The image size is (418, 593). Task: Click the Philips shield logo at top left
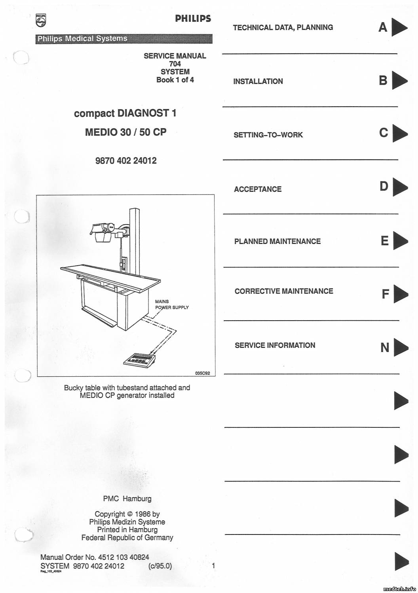click(x=40, y=21)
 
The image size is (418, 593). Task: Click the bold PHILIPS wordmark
click(x=193, y=19)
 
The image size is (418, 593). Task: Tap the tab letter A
click(x=383, y=27)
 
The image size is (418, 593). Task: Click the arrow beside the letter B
click(x=400, y=80)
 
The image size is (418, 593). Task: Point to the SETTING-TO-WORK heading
click(x=268, y=135)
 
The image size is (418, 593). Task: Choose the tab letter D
click(x=384, y=186)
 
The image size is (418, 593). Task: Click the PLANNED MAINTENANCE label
click(x=277, y=242)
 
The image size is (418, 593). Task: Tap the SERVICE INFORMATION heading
click(x=275, y=346)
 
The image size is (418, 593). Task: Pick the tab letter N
click(x=385, y=348)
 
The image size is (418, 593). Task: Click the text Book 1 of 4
click(x=175, y=80)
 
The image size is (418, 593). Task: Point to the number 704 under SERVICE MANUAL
click(x=175, y=64)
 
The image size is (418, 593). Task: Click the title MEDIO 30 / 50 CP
click(x=125, y=132)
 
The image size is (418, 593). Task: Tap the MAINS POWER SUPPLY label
click(x=171, y=304)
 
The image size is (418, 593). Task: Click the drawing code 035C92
click(x=202, y=372)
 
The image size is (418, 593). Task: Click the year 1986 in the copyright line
click(x=142, y=514)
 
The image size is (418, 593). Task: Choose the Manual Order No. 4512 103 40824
click(x=95, y=557)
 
